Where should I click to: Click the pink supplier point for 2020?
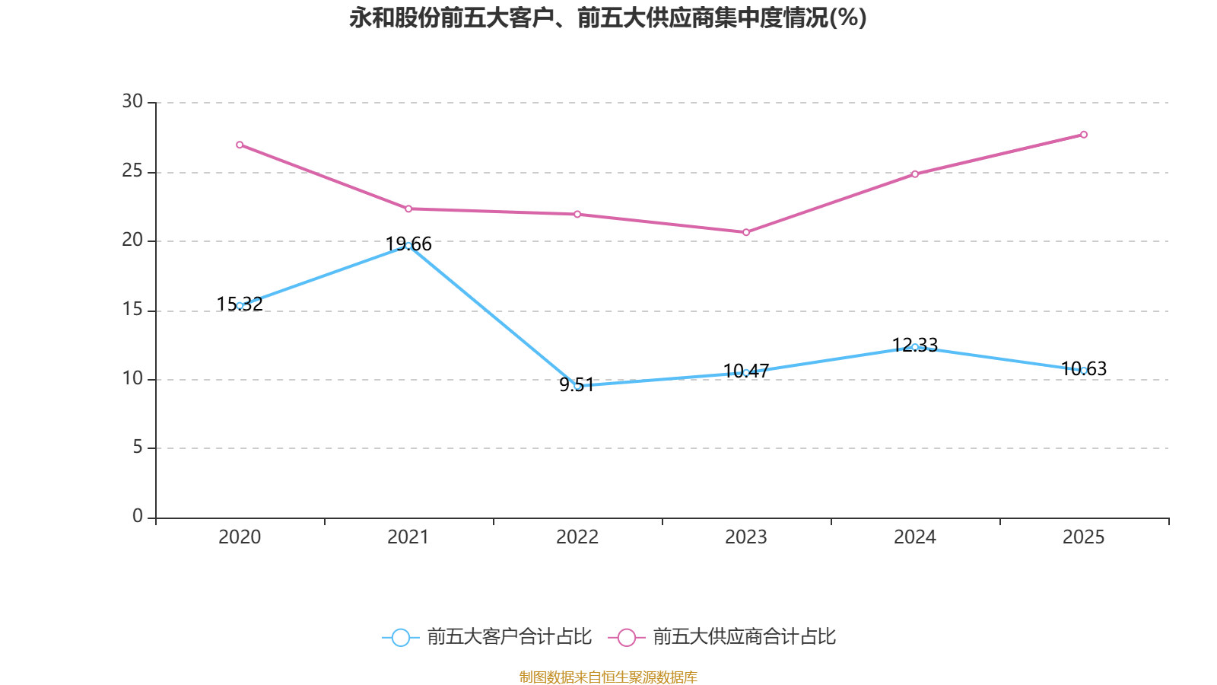tap(240, 145)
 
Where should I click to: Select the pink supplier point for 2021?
tap(408, 209)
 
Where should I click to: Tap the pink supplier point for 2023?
tap(746, 232)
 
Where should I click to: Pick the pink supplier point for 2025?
tap(1084, 135)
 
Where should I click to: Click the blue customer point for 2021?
tap(408, 245)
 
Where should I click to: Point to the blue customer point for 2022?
tap(577, 387)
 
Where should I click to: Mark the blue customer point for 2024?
tap(915, 347)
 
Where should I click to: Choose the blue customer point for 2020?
tap(240, 305)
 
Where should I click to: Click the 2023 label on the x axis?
tap(746, 537)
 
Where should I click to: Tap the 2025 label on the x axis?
tap(1083, 537)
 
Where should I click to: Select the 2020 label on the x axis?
tap(240, 537)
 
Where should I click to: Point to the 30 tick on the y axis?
tap(132, 101)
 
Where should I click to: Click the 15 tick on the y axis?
tap(132, 310)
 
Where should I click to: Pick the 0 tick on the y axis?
tap(138, 517)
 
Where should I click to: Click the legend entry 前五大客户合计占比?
tap(509, 637)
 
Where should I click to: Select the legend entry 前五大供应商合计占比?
tap(744, 637)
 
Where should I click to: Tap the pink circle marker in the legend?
tap(627, 638)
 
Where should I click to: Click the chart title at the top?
tap(608, 18)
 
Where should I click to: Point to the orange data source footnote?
tap(608, 677)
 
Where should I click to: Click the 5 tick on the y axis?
tap(138, 448)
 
